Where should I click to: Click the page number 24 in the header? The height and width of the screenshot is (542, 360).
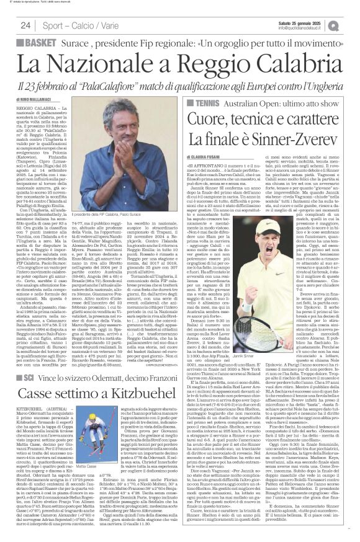26,25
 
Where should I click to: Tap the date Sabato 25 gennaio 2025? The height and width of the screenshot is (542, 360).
300,22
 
